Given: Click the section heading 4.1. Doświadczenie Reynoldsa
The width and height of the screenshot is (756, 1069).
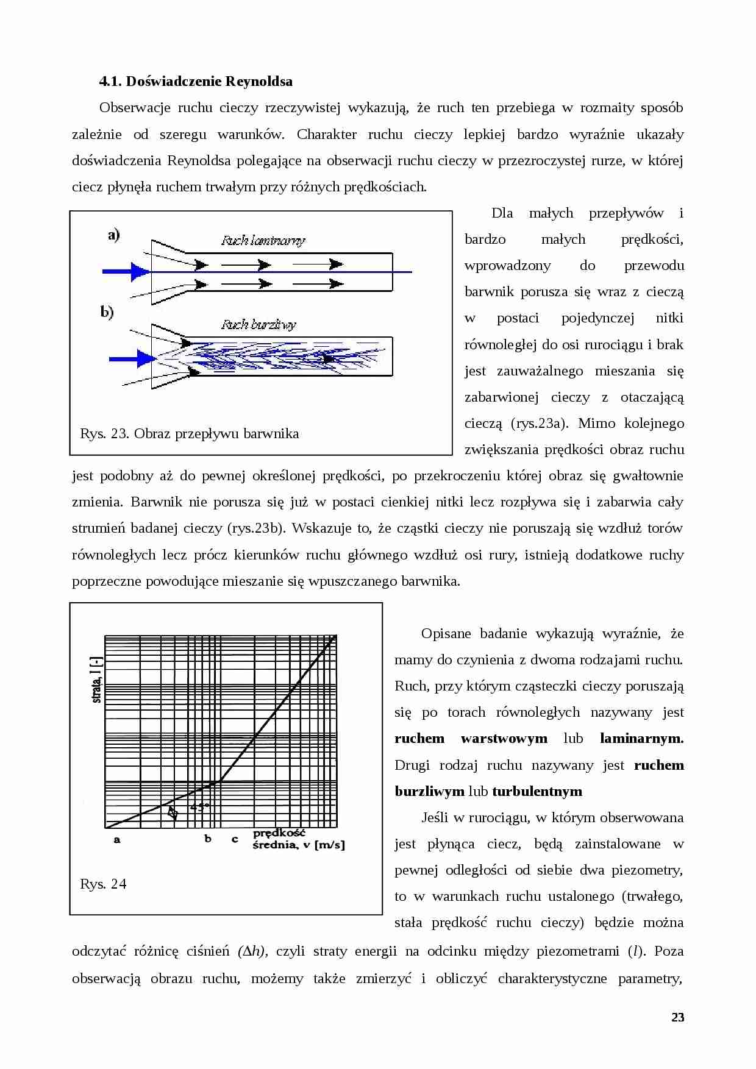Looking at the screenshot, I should (x=196, y=81).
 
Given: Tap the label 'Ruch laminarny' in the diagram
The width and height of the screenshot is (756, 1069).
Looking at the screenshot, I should (x=263, y=241).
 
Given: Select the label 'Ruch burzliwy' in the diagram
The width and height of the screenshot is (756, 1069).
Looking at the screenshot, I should (x=259, y=324).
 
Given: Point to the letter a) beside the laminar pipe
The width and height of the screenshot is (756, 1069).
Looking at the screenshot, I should (x=114, y=235).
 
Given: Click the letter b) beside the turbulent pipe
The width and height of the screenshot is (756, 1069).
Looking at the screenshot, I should (x=107, y=313).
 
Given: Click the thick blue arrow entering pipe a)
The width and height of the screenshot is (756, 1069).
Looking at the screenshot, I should (x=126, y=271).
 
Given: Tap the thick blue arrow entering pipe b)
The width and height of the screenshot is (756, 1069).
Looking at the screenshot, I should (x=132, y=358).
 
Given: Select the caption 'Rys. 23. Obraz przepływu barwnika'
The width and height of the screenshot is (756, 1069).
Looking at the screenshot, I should (x=189, y=434).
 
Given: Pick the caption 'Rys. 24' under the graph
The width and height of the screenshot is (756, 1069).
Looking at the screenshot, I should (x=103, y=884).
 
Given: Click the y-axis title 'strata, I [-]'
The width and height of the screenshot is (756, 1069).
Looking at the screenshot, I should (x=96, y=680).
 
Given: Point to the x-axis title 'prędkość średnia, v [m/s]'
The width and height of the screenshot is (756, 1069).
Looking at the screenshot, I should (x=298, y=839).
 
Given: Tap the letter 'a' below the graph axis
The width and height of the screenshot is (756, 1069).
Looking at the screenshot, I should (x=117, y=840).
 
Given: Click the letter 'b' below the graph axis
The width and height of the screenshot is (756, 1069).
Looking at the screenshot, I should (x=208, y=839).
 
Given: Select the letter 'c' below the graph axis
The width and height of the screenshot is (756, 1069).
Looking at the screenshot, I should (x=235, y=840).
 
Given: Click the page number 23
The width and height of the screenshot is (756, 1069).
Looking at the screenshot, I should (x=677, y=1017).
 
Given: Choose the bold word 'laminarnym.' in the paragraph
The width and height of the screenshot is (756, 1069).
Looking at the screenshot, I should (x=641, y=739).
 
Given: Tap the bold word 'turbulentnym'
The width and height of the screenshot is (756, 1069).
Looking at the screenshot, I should (x=537, y=791).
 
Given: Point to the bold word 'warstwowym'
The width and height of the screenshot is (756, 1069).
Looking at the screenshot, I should (x=504, y=739).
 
